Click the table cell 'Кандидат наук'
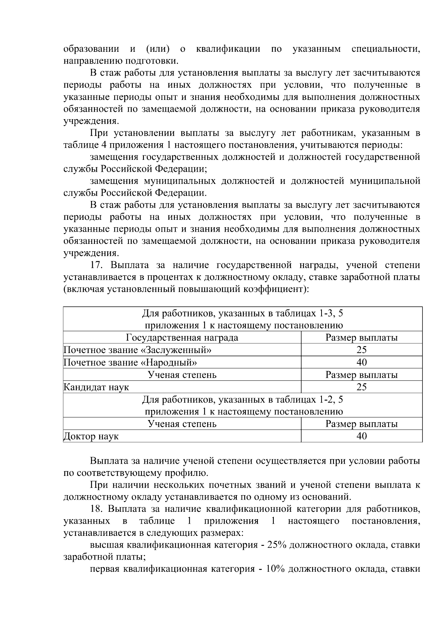[96, 387]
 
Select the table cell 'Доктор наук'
[91, 436]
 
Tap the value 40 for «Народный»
[361, 362]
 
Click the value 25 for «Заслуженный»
[361, 350]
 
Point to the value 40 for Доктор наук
[361, 436]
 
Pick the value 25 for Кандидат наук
[361, 387]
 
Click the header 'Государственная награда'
[182, 338]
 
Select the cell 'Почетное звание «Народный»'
[130, 362]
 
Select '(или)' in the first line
[158, 49]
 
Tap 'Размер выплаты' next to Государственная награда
[361, 338]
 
